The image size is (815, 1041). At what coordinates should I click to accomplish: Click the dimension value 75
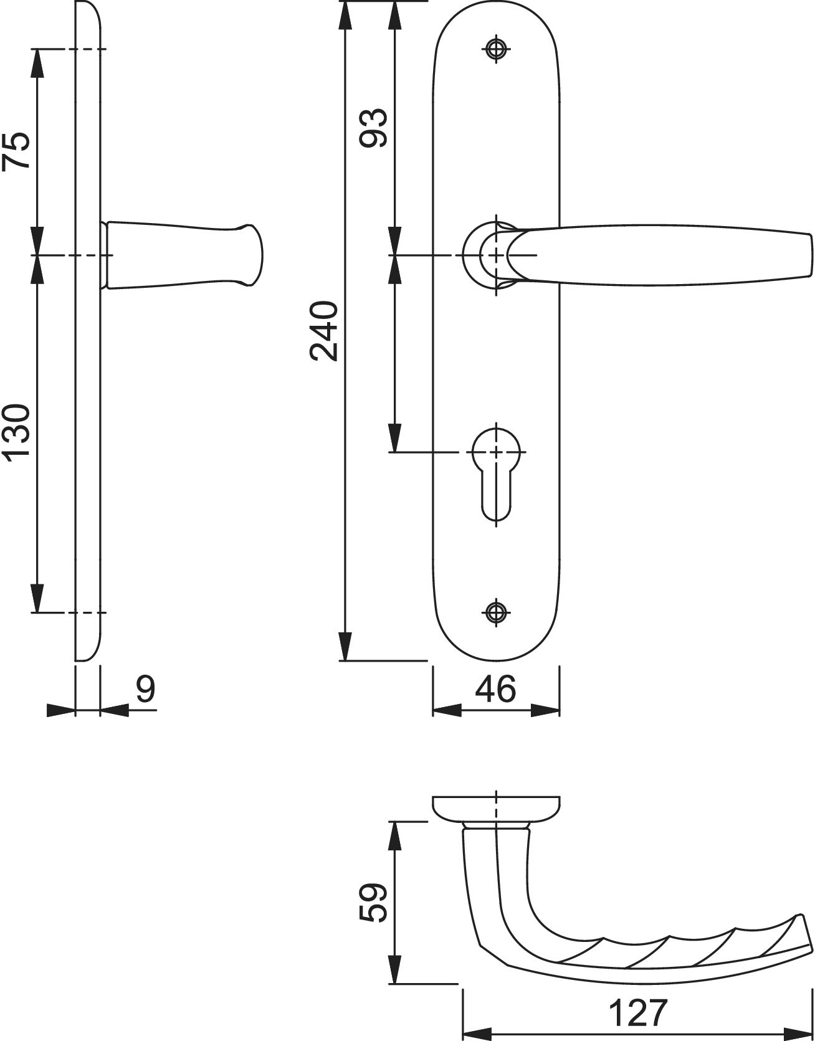pyautogui.click(x=16, y=150)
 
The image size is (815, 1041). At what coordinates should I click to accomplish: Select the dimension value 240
pyautogui.click(x=324, y=331)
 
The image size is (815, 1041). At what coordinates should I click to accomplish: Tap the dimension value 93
pyautogui.click(x=374, y=128)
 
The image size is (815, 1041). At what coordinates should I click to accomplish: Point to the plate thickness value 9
pyautogui.click(x=145, y=689)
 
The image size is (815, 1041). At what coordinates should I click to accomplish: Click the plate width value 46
pyautogui.click(x=496, y=689)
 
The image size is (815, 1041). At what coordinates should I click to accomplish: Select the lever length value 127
pyautogui.click(x=638, y=1013)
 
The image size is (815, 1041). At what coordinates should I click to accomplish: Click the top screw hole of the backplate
pyautogui.click(x=496, y=50)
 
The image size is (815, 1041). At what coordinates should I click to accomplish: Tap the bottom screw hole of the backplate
pyautogui.click(x=496, y=612)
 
